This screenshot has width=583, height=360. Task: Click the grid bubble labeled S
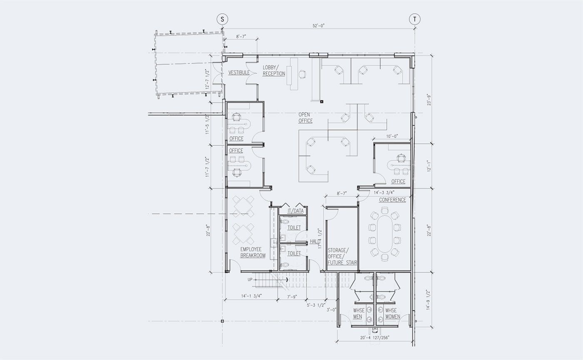222,19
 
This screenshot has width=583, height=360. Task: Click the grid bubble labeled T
415,19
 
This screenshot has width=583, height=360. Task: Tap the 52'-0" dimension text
319,26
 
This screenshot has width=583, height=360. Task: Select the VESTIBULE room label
239,72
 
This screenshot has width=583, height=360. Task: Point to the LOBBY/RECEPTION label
274,70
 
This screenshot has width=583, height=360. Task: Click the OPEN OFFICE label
305,118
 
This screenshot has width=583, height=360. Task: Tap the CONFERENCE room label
392,200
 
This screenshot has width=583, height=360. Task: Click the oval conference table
385,234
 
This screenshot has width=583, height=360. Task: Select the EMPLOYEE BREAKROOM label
253,252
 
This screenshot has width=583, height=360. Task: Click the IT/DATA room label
296,211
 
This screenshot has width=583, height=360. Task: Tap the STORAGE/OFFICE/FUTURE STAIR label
342,256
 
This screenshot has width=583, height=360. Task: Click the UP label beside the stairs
250,280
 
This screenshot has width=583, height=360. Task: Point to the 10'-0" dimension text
392,136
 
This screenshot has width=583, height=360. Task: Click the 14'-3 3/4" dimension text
384,192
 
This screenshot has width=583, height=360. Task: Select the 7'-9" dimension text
292,297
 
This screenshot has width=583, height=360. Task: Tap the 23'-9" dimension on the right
429,100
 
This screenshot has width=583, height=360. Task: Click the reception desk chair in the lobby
302,74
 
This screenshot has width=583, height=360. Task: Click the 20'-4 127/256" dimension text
375,337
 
